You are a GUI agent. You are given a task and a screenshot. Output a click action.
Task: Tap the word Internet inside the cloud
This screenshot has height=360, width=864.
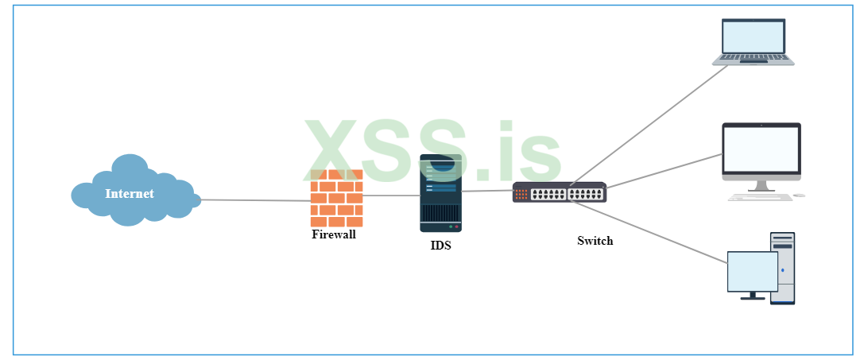[x=130, y=194]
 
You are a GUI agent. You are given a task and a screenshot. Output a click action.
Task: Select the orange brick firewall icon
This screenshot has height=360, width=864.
[x=336, y=199]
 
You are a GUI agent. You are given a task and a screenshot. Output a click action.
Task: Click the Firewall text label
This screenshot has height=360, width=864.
[x=334, y=234]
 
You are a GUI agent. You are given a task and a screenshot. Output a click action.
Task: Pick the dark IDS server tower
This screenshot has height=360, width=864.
[x=440, y=193]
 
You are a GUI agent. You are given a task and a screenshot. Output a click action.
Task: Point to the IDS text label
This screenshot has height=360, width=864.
[x=440, y=246]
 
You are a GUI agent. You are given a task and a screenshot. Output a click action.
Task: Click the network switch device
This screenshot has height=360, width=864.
[x=559, y=192]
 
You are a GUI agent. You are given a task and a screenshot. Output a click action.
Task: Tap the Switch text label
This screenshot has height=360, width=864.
[x=595, y=241]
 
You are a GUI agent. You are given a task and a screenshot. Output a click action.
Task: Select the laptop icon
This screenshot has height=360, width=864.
[x=753, y=42]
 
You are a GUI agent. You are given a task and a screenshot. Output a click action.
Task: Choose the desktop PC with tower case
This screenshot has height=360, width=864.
[x=761, y=269]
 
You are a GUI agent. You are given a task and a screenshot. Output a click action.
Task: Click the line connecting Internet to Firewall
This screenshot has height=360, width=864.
[x=254, y=200]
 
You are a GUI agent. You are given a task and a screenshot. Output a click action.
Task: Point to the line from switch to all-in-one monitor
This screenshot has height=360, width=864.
[x=664, y=172]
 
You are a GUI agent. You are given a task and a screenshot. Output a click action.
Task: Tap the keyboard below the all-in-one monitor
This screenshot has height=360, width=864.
[x=759, y=196]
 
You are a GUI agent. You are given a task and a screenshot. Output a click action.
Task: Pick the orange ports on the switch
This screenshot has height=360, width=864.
[x=521, y=193]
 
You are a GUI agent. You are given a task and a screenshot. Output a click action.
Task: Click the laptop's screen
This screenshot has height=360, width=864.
[x=753, y=36]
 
